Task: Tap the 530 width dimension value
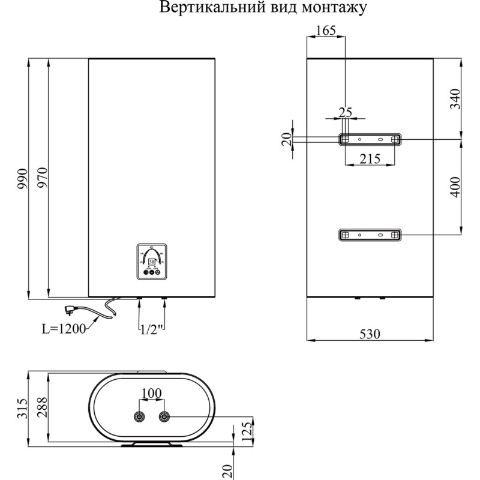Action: [x=370, y=334]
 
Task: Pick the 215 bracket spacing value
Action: [x=369, y=159]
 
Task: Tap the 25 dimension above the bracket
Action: [x=345, y=112]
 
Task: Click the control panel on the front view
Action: [x=152, y=262]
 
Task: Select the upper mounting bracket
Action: [x=369, y=139]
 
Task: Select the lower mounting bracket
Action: [x=369, y=235]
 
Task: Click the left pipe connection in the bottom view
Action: [x=140, y=417]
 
